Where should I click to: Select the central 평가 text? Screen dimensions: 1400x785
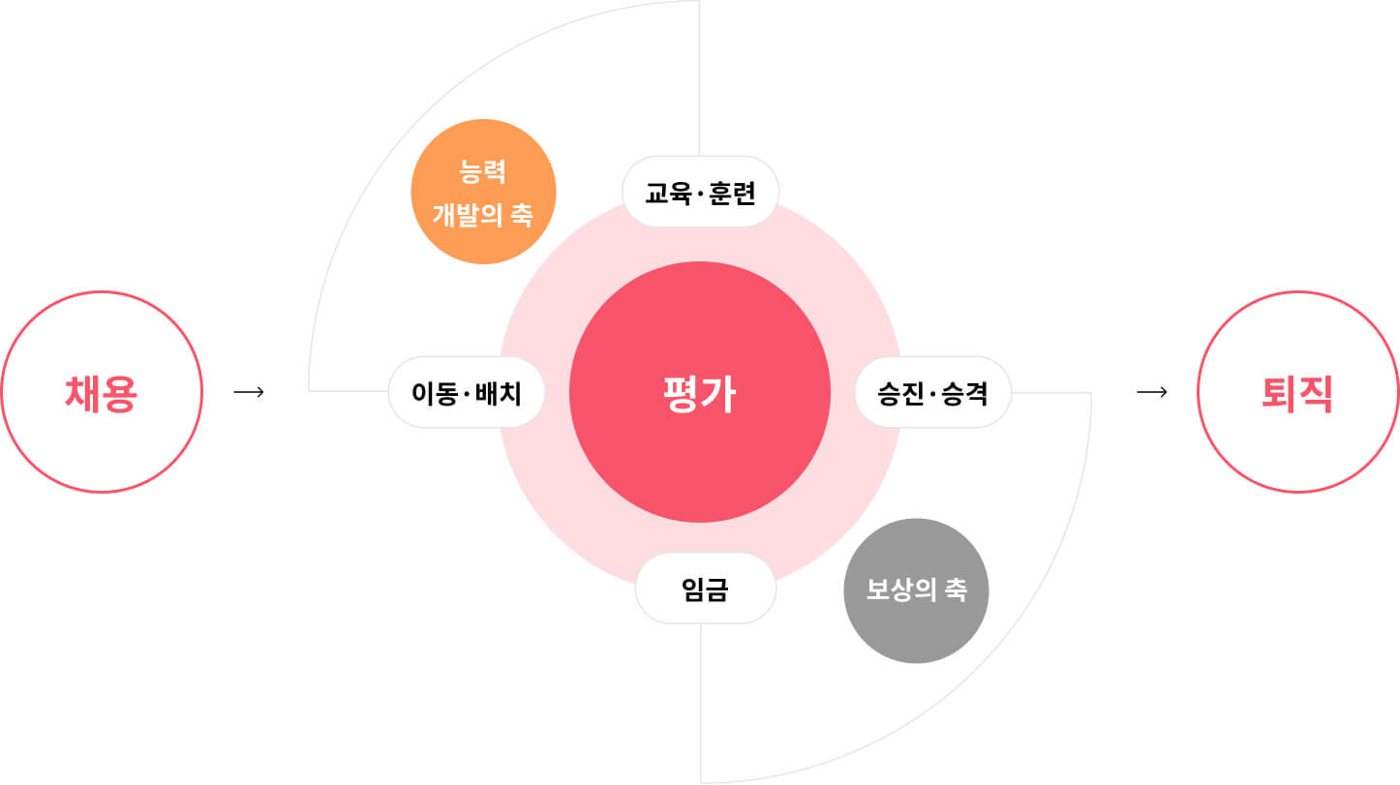point(699,394)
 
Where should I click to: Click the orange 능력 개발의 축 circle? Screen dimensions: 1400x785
point(483,192)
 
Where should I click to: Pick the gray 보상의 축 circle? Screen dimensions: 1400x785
point(916,590)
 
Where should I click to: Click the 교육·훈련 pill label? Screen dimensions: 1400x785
point(701,192)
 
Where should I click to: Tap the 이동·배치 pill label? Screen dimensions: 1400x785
point(467,393)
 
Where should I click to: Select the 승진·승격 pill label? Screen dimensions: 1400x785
point(932,393)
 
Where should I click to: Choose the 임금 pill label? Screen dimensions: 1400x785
point(706,589)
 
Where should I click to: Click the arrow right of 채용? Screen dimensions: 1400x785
point(249,392)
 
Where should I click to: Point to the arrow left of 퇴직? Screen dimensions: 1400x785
point(1152,392)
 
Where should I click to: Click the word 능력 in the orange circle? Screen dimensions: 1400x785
point(482,171)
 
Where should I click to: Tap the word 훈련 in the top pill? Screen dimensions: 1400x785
point(733,194)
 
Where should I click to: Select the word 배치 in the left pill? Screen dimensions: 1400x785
point(498,394)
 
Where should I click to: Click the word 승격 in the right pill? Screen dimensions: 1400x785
point(964,394)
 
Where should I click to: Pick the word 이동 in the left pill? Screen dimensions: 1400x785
point(435,394)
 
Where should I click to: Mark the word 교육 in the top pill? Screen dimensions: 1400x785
point(669,194)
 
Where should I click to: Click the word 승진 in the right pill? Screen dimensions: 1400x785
point(901,394)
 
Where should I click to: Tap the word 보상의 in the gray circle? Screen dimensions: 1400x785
point(901,589)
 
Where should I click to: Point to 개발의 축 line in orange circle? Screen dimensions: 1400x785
point(483,215)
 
